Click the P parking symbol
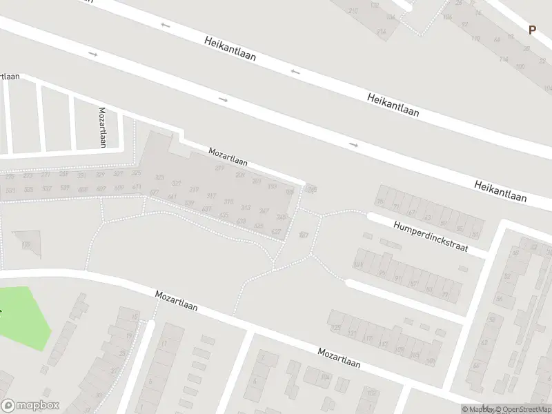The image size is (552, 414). click(x=532, y=30)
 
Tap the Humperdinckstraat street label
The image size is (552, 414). click(x=431, y=237)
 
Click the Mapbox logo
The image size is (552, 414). click(x=30, y=405)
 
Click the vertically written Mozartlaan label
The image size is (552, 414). click(x=102, y=127)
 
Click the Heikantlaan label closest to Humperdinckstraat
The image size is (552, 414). click(x=500, y=192)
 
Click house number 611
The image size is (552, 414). click(x=137, y=187)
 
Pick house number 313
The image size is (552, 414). click(x=246, y=208)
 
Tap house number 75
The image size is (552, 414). click(x=380, y=202)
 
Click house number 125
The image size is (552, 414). click(x=336, y=327)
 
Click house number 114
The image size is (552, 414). click(x=503, y=60)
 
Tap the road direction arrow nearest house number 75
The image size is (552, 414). click(x=353, y=145)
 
